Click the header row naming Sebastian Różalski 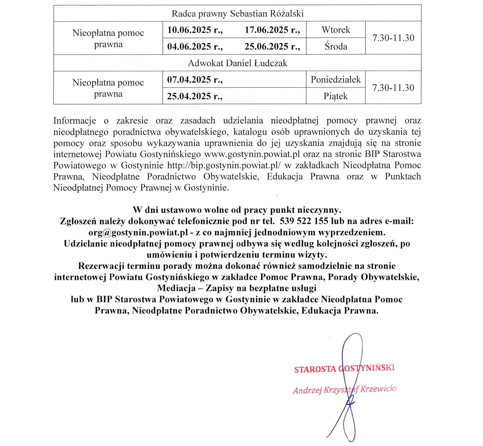click(237, 13)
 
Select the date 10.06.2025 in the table click(195, 30)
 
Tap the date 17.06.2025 click(272, 30)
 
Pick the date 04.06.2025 click(195, 47)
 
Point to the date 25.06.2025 click(272, 47)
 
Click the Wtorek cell click(336, 30)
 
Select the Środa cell click(336, 47)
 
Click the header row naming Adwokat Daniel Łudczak click(237, 63)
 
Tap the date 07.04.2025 click(195, 80)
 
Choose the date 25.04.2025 click(195, 96)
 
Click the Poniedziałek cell click(336, 80)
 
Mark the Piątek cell click(336, 96)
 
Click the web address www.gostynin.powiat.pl click(252, 154)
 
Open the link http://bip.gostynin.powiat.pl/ click(224, 165)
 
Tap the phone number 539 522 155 click(304, 221)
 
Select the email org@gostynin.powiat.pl click(138, 232)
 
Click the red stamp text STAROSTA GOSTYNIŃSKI click(344, 368)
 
